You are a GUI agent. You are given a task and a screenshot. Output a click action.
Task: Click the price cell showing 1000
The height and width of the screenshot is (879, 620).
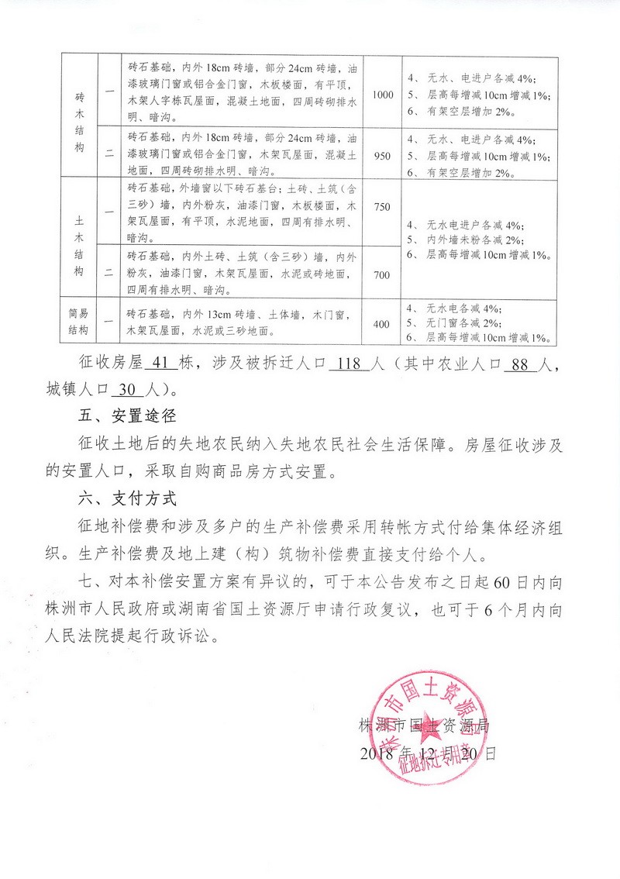click(383, 95)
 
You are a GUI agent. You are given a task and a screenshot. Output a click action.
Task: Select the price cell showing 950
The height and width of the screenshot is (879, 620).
click(383, 156)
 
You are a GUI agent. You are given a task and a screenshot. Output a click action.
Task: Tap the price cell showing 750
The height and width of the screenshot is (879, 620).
click(383, 207)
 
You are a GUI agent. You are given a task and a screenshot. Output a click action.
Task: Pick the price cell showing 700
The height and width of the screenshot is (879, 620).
click(383, 274)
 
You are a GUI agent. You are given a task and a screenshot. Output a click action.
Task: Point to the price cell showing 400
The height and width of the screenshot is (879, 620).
click(381, 324)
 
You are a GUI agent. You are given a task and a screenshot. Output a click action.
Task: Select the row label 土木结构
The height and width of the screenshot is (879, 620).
click(81, 241)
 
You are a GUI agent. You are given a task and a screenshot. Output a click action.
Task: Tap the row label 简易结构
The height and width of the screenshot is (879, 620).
click(80, 323)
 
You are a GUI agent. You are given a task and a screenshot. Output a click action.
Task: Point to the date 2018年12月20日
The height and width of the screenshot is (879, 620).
click(428, 753)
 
